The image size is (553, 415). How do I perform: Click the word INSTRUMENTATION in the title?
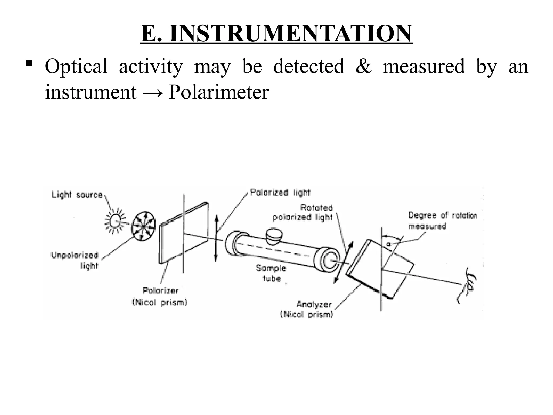[291, 33]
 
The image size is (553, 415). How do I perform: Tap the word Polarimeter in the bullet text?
[218, 92]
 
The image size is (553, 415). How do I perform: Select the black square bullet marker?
[29, 64]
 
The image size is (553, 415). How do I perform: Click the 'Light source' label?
[77, 195]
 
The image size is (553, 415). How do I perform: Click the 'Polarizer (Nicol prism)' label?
[160, 296]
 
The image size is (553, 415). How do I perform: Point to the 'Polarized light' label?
[280, 192]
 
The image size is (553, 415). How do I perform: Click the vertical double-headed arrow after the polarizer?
[216, 238]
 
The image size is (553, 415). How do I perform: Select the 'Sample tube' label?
[271, 273]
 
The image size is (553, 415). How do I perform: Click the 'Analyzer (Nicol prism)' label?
[308, 309]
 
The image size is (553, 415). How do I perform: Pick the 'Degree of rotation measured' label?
[442, 221]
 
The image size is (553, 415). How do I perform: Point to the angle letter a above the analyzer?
[389, 244]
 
